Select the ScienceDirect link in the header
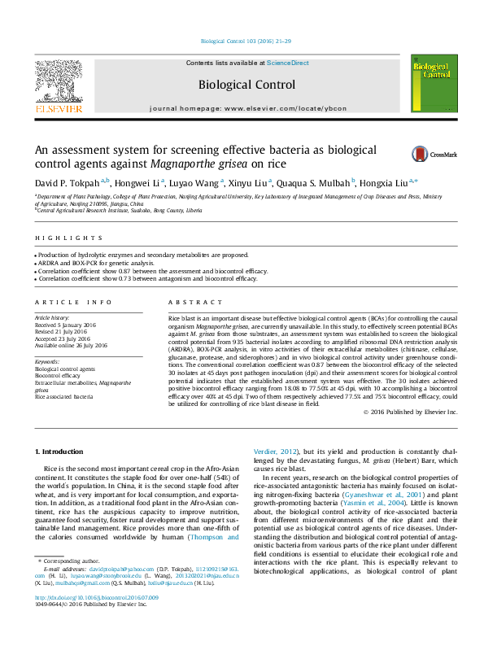coord(288,63)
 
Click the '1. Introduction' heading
coord(61,451)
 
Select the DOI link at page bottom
coord(96,620)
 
